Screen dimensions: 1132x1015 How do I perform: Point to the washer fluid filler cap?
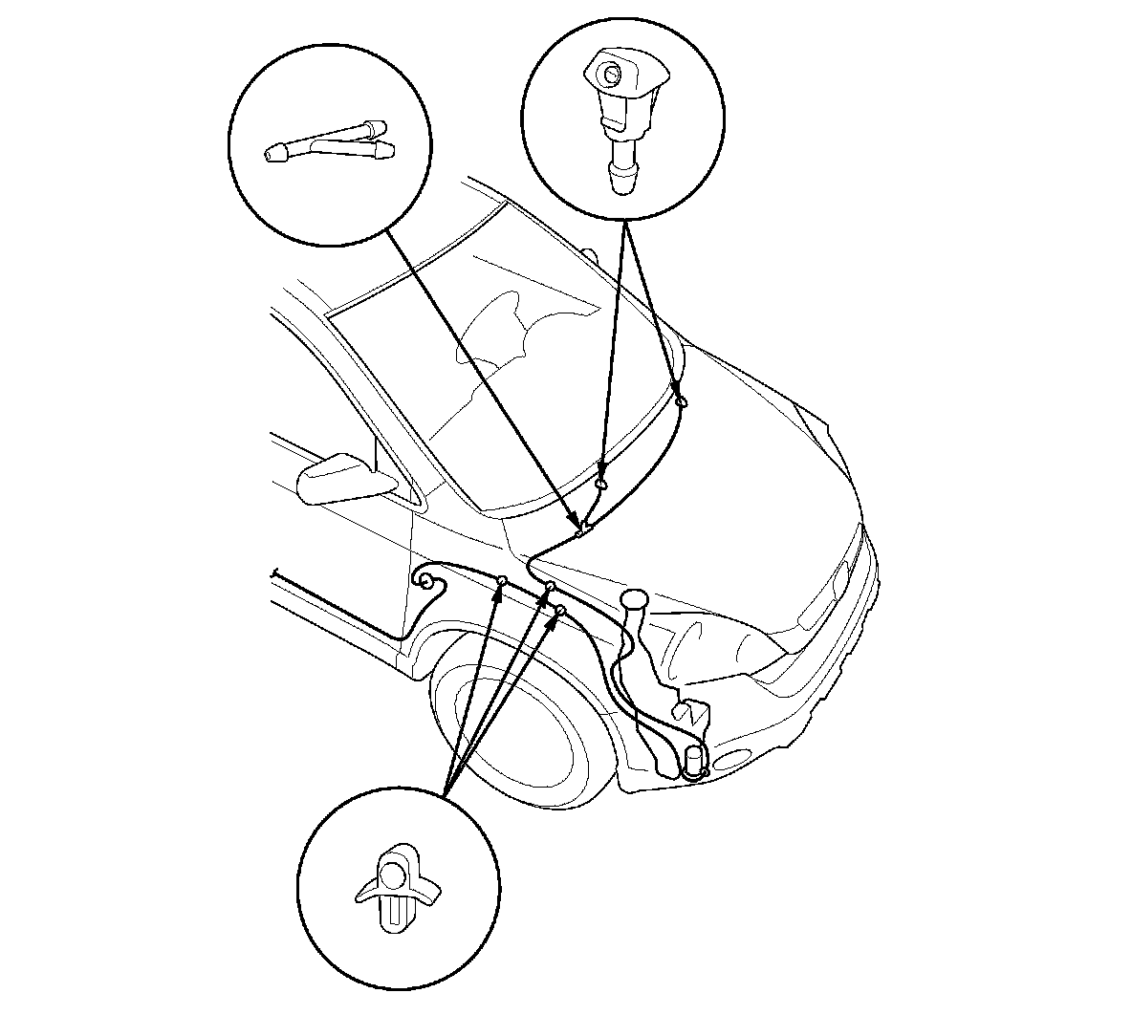coord(633,599)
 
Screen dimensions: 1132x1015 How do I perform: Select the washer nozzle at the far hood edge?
coord(681,402)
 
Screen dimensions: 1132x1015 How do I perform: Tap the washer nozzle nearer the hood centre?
coord(600,484)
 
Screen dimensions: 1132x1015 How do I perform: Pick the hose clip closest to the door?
coord(500,580)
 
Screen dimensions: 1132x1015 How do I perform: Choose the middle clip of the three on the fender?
coord(550,586)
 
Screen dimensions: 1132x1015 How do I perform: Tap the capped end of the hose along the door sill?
coord(274,573)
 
